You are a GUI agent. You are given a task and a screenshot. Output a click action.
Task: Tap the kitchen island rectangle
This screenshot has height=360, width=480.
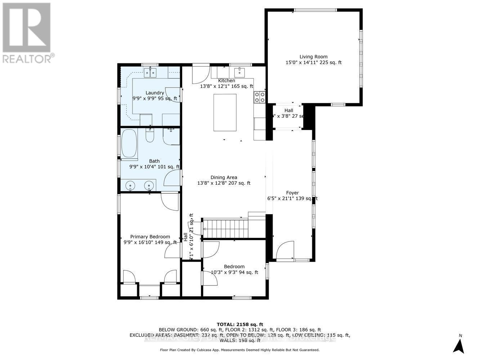coord(225,112)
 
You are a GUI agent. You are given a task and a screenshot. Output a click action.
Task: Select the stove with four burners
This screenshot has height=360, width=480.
coord(260,97)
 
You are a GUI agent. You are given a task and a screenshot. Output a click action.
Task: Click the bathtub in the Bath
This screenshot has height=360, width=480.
coord(129,144)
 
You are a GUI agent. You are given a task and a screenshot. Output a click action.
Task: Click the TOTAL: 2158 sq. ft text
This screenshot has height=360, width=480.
coord(240,324)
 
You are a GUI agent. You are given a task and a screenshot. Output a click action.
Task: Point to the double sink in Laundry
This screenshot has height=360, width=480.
coord(151,72)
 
